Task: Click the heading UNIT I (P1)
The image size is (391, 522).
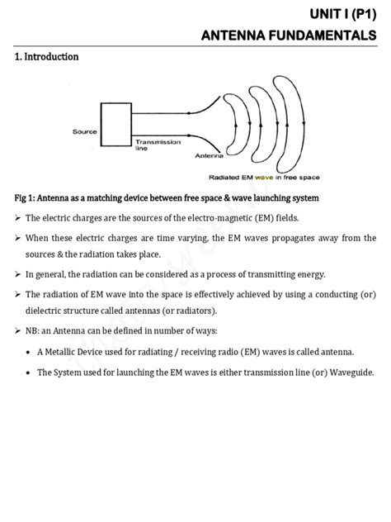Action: (x=340, y=14)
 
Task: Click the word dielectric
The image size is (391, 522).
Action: (x=48, y=311)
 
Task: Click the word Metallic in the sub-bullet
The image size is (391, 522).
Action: (x=73, y=351)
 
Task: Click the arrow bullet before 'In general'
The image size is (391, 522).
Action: (x=16, y=274)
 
